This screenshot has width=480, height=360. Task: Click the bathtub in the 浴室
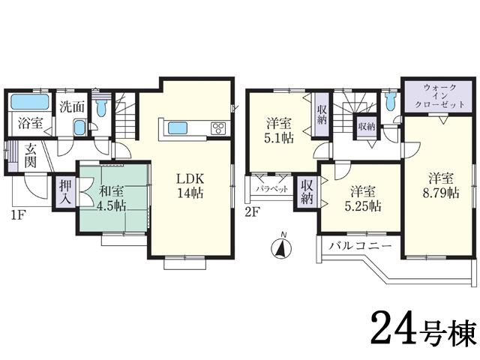coord(31,102)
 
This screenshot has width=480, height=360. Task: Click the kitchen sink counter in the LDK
coord(182,127)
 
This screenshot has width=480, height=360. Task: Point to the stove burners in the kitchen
coord(218,127)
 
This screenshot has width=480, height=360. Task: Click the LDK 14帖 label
coord(190,185)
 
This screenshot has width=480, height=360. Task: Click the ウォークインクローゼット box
coord(438,97)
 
